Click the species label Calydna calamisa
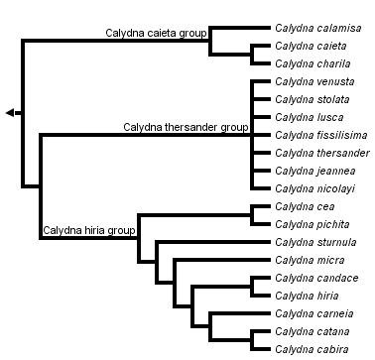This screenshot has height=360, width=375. pos(316,29)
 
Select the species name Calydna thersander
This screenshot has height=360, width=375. pos(321,153)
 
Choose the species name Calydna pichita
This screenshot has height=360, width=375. pos(311,224)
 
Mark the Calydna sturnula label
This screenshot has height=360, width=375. pos(314,242)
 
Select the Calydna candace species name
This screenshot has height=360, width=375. pos(314,278)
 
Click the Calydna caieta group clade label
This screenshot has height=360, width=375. pos(156,33)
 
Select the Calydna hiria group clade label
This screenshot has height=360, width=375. pos(87,231)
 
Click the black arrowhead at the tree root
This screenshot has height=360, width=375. pos(9,113)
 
